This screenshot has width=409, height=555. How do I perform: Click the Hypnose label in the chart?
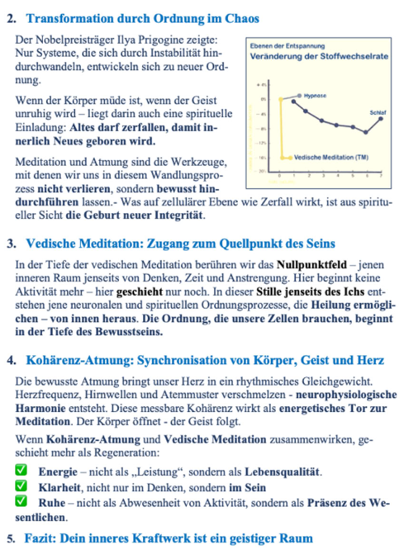click(315, 96)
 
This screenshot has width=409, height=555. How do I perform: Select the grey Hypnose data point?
click(299, 96)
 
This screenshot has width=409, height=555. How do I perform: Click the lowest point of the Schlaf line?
click(366, 133)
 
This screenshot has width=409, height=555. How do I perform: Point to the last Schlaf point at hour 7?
click(381, 119)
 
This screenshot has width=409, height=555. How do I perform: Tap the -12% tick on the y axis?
click(261, 143)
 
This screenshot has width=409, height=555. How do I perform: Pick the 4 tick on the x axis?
click(338, 176)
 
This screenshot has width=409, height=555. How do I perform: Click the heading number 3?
click(11, 244)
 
